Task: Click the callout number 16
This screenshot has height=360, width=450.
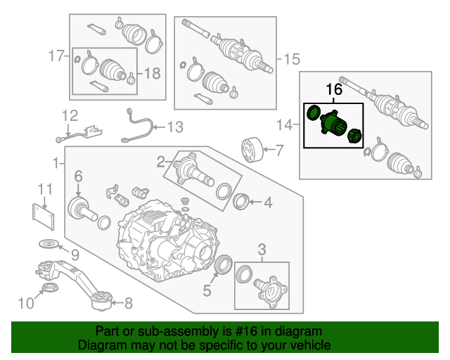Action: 334,90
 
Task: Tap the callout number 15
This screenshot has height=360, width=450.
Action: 291,59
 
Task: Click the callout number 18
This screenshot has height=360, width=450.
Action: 153,73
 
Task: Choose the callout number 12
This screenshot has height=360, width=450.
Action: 70,115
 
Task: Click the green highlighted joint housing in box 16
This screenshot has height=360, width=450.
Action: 329,125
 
